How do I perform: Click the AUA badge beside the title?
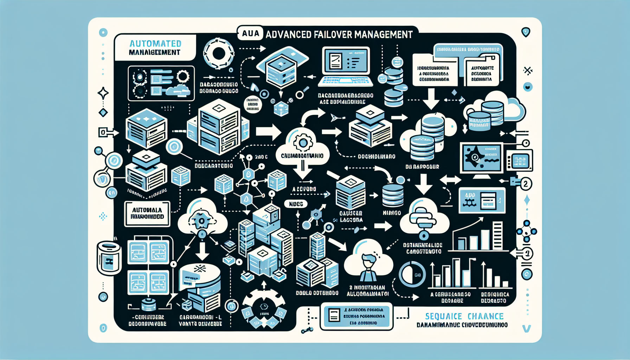pos(251,34)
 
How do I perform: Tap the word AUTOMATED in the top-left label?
pos(155,44)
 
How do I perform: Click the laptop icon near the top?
pos(346,67)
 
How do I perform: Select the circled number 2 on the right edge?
pos(526,184)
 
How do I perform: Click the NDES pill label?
pos(296,204)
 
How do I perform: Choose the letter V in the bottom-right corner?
pos(526,329)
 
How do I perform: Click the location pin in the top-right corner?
pos(526,32)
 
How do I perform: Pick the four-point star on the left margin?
pos(103,93)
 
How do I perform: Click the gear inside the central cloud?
pos(302,142)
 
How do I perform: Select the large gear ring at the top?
pos(219,54)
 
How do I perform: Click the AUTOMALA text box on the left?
pos(147,213)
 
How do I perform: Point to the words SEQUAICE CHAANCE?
pos(464,316)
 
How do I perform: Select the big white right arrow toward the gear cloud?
pos(268,132)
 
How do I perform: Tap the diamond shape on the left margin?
pos(103,113)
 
